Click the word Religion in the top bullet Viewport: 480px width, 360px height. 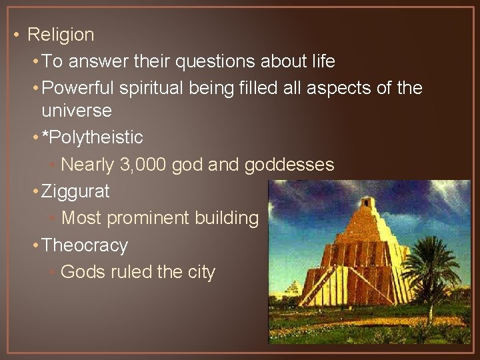pyautogui.click(x=61, y=34)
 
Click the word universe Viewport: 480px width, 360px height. pyautogui.click(x=76, y=110)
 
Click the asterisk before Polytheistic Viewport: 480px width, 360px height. pyautogui.click(x=45, y=136)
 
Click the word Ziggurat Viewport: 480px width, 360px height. pyautogui.click(x=75, y=192)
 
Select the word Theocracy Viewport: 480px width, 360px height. pyautogui.click(x=84, y=245)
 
